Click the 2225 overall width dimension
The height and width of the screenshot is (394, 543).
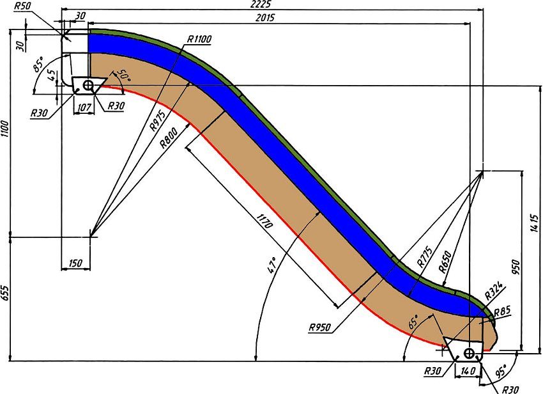click(x=262, y=4)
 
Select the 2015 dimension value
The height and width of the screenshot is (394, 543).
click(x=265, y=17)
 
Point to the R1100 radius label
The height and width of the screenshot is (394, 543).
click(x=199, y=39)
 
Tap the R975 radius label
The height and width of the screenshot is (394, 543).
click(x=158, y=121)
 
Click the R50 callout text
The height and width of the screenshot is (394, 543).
click(x=22, y=6)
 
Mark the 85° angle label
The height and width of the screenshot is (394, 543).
click(x=39, y=65)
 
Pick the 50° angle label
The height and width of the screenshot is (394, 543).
click(x=124, y=75)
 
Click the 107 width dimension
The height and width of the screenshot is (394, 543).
click(x=84, y=107)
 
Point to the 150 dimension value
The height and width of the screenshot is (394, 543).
click(x=75, y=263)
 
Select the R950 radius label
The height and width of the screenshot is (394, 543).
click(x=320, y=327)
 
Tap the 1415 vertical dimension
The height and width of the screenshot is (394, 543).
click(x=534, y=223)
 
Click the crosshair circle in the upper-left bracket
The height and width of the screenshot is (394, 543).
click(x=88, y=84)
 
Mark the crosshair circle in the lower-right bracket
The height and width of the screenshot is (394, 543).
click(x=470, y=354)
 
